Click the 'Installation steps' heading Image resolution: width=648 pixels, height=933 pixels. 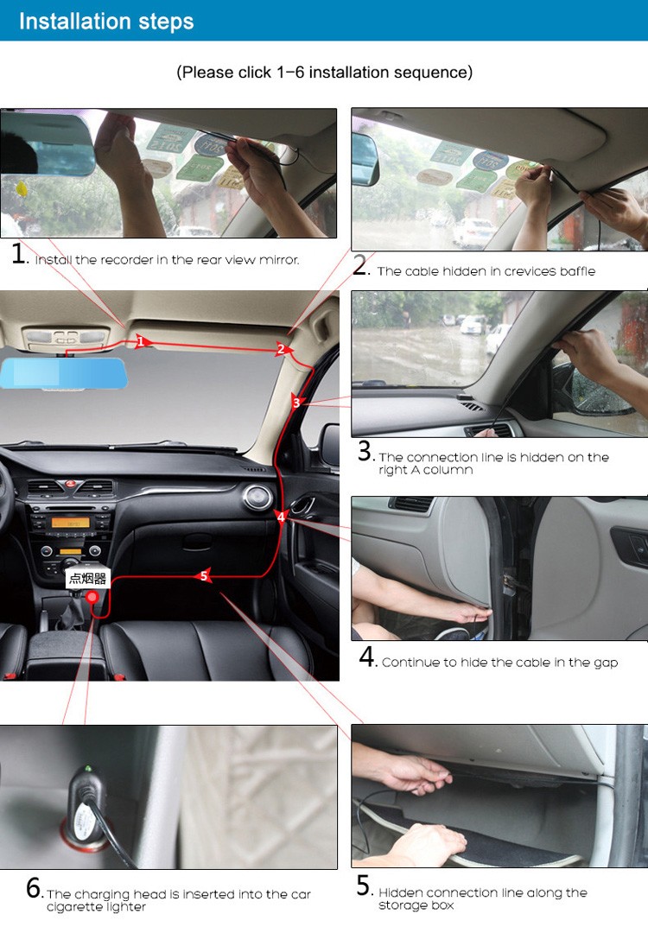tap(106, 21)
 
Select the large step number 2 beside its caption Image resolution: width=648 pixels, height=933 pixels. tap(360, 266)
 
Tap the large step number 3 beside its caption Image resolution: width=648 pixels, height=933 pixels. tap(365, 451)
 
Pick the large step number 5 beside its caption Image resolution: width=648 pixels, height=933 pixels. tap(365, 886)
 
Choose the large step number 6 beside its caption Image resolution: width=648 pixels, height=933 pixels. tap(34, 888)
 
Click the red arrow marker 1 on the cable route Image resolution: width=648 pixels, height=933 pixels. tap(141, 342)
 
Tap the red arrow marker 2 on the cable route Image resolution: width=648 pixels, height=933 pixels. tap(281, 349)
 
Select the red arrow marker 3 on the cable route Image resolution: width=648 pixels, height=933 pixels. tap(296, 403)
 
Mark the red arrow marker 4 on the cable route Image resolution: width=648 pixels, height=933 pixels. tap(280, 517)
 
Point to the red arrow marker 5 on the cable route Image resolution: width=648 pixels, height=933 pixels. tap(204, 576)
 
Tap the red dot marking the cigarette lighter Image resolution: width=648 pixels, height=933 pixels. tap(92, 599)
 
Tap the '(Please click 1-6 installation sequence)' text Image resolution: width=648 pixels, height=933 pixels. tap(324, 73)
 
